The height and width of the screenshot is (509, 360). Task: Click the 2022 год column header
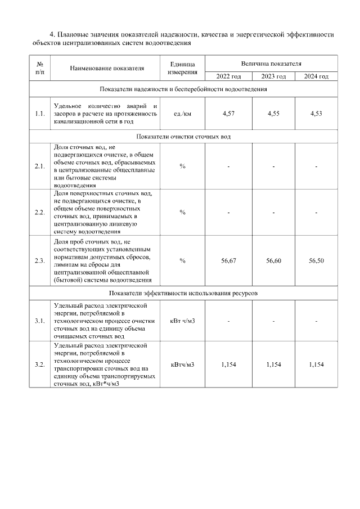[x=228, y=76]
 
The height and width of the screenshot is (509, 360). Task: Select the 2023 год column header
[x=273, y=76]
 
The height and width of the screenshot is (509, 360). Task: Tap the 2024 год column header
[x=316, y=76]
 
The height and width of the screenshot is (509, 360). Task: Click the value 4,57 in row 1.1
[x=228, y=114]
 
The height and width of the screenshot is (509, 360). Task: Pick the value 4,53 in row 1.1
[x=316, y=114]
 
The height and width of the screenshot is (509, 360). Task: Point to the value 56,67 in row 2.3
[x=228, y=260]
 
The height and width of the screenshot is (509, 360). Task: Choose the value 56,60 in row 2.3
[x=273, y=260]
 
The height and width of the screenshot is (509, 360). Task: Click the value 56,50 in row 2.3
[x=316, y=260]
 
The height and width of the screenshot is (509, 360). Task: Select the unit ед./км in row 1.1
[x=183, y=114]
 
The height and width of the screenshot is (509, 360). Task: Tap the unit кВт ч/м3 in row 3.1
[x=183, y=321]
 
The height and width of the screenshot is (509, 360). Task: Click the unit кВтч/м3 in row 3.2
[x=183, y=364]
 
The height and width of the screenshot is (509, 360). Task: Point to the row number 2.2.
[x=39, y=212]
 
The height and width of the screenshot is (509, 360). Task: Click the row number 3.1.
[x=39, y=321]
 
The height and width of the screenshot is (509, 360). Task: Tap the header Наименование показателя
[x=107, y=68]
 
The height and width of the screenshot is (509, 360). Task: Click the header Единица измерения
[x=183, y=68]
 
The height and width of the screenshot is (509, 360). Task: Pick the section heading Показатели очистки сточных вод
[x=183, y=137]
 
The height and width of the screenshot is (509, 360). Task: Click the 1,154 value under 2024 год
[x=316, y=364]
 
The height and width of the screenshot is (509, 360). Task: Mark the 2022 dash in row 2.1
[x=228, y=166]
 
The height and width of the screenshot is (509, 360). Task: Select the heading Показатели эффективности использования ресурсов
[x=183, y=294]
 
